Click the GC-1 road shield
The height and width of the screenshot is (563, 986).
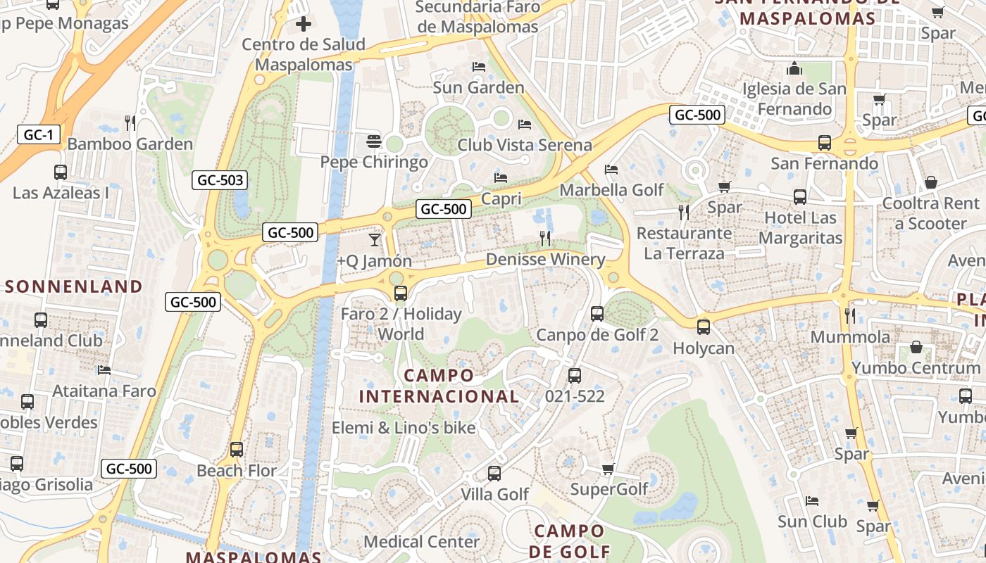pyautogui.click(x=38, y=135)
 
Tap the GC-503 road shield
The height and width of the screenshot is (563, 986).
pyautogui.click(x=220, y=180)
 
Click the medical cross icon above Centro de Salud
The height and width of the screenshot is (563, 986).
pyautogui.click(x=304, y=25)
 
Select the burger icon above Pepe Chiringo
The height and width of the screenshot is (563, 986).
pyautogui.click(x=374, y=141)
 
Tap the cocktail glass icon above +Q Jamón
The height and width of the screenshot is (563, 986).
pyautogui.click(x=375, y=240)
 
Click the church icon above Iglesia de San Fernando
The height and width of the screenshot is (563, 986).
pyautogui.click(x=795, y=69)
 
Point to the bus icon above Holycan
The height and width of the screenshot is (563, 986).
pyautogui.click(x=703, y=327)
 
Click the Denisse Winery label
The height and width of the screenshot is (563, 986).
pyautogui.click(x=545, y=260)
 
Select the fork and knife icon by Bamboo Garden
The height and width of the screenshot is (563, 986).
pyautogui.click(x=130, y=123)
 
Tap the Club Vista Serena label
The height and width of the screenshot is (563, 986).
pyautogui.click(x=525, y=145)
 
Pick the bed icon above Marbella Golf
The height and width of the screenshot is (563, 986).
pyautogui.click(x=611, y=170)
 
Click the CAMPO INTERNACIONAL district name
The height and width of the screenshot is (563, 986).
pyautogui.click(x=439, y=386)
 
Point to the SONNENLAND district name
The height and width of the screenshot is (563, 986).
pyautogui.click(x=74, y=286)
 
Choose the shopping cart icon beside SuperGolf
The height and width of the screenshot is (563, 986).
pyautogui.click(x=609, y=469)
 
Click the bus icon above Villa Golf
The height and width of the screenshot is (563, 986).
pyautogui.click(x=494, y=474)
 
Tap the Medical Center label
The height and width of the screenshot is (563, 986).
pyautogui.click(x=421, y=542)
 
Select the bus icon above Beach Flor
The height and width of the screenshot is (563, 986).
pyautogui.click(x=237, y=450)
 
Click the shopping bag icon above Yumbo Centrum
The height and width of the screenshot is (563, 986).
pyautogui.click(x=916, y=347)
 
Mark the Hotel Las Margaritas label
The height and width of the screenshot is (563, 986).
pyautogui.click(x=800, y=228)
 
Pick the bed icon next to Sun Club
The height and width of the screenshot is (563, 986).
pyautogui.click(x=812, y=501)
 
